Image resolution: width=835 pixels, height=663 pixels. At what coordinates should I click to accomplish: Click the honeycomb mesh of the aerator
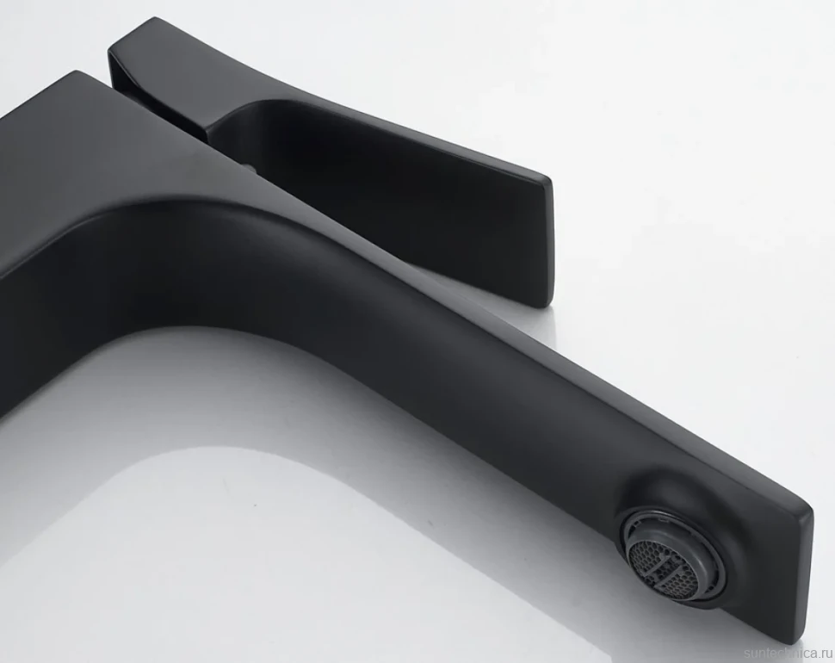coord(661,565)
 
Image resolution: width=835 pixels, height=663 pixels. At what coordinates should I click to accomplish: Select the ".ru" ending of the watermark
coord(823,654)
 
